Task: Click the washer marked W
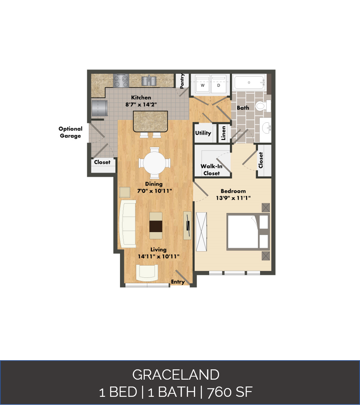pyautogui.click(x=203, y=84)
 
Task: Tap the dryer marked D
pyautogui.click(x=219, y=84)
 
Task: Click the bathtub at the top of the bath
pyautogui.click(x=249, y=82)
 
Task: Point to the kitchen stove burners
pyautogui.click(x=121, y=80)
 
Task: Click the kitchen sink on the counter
pyautogui.click(x=149, y=80)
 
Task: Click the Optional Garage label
pyautogui.click(x=70, y=132)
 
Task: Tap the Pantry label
pyautogui.click(x=182, y=81)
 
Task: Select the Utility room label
pyautogui.click(x=203, y=133)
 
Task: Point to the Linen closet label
pyautogui.click(x=224, y=133)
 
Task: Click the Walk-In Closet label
pyautogui.click(x=211, y=170)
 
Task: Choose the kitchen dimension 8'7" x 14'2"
pyautogui.click(x=141, y=104)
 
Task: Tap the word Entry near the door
pyautogui.click(x=178, y=282)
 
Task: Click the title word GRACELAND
pyautogui.click(x=176, y=375)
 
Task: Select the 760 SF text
pyautogui.click(x=230, y=392)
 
